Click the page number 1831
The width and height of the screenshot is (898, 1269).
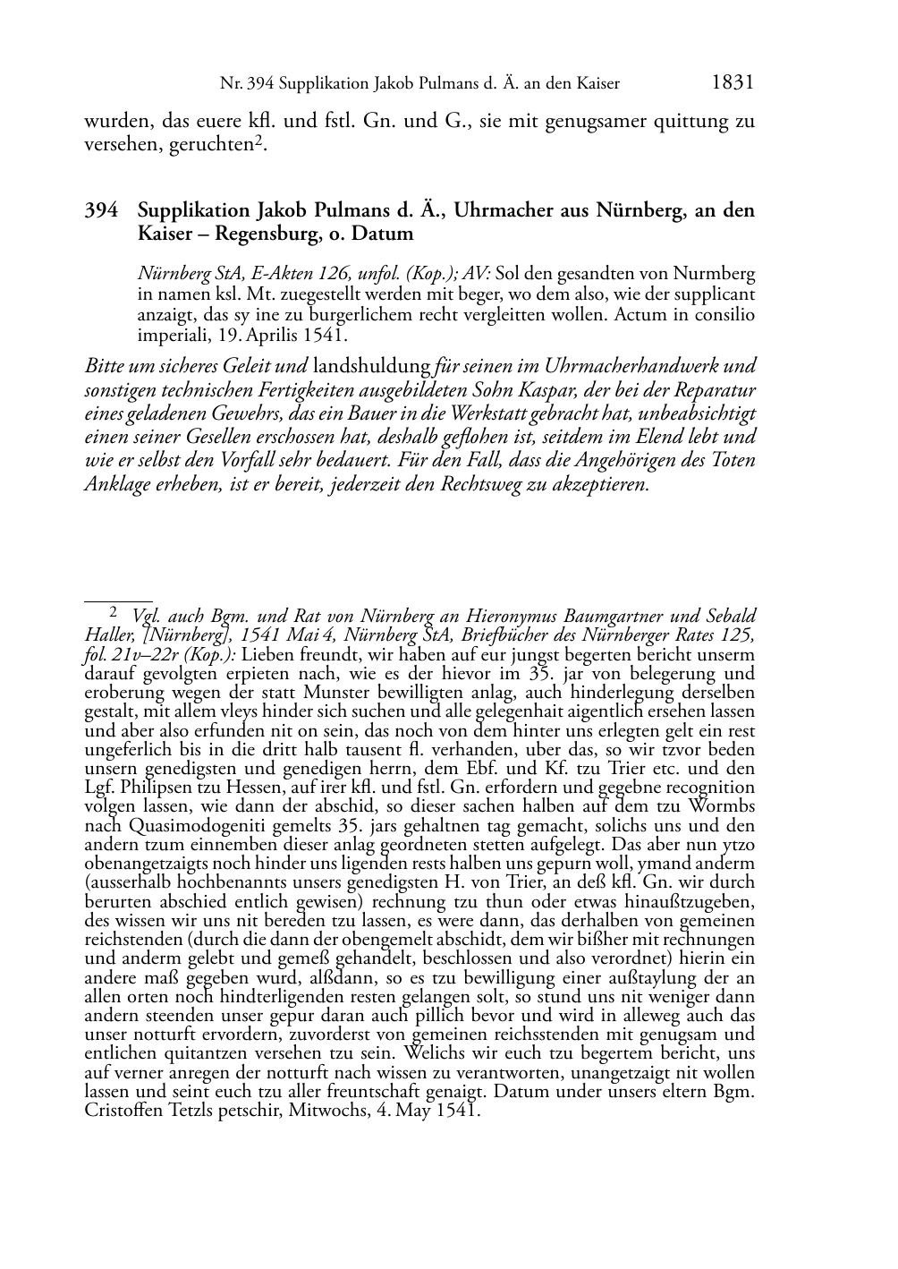click(733, 83)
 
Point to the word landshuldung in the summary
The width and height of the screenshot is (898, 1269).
click(371, 366)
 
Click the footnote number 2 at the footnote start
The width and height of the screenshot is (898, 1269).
click(114, 615)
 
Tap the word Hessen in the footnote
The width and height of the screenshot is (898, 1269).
click(261, 788)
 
